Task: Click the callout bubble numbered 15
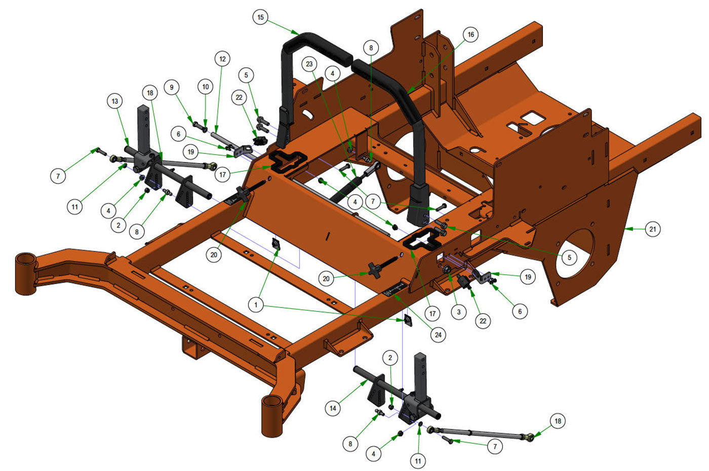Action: click(260, 17)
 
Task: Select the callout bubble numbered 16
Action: click(470, 34)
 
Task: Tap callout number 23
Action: click(309, 64)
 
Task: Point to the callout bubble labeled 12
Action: click(222, 59)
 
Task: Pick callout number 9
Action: click(172, 87)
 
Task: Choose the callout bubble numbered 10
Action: click(205, 87)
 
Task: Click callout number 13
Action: click(115, 101)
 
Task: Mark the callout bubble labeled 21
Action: click(653, 229)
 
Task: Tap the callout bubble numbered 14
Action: click(332, 408)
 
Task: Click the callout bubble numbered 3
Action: click(458, 312)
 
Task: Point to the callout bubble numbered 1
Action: click(256, 305)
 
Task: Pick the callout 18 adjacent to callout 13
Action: click(149, 93)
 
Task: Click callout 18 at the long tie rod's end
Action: click(558, 421)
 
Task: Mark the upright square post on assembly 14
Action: click(421, 375)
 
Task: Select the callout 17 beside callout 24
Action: click(432, 313)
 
